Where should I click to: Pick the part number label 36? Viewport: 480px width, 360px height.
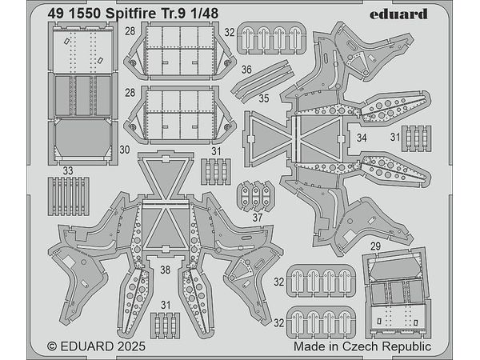(x=246, y=70)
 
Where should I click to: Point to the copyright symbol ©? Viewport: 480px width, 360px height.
(x=53, y=347)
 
